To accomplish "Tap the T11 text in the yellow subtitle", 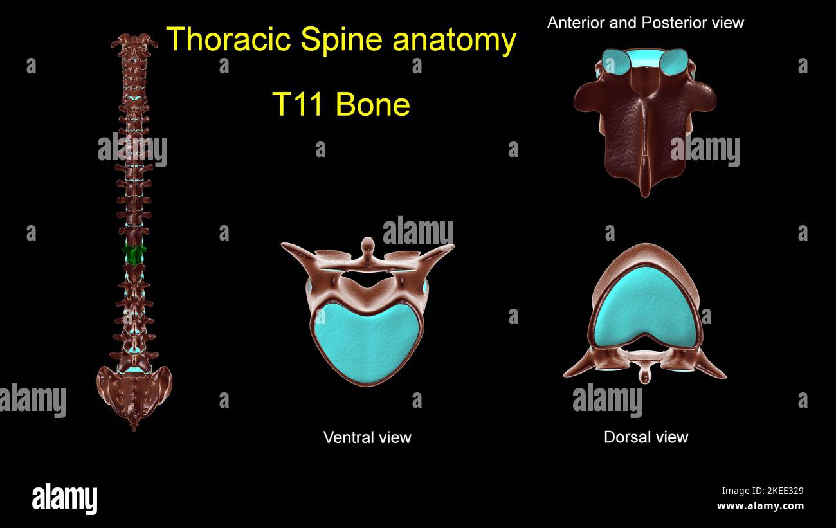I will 298,104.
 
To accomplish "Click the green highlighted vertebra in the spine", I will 134,255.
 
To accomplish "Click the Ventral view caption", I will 367,438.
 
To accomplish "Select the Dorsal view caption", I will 646,437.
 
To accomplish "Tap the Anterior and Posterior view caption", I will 645,23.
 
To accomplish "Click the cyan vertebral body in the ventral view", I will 367,344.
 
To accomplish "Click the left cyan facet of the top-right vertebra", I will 616,62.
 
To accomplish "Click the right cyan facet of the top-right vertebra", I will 674,62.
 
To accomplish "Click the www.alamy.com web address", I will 760,506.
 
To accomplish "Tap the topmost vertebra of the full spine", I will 134,42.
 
